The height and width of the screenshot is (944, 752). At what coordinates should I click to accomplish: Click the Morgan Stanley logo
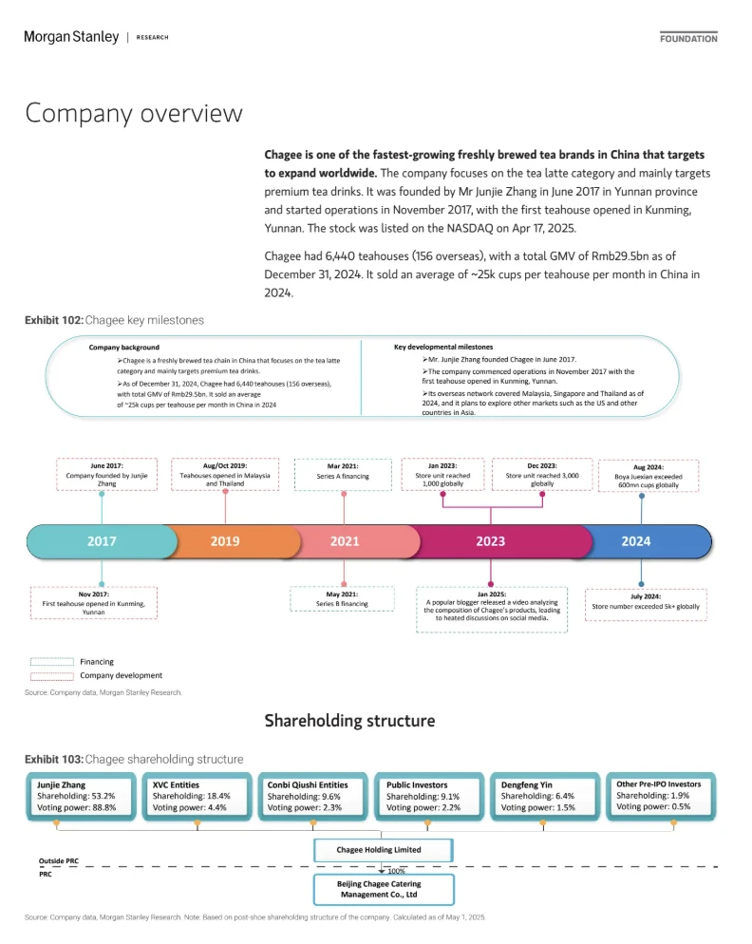coord(71,37)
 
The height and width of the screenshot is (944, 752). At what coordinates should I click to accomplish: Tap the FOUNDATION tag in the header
coord(688,38)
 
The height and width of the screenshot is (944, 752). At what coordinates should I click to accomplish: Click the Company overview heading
coord(134,113)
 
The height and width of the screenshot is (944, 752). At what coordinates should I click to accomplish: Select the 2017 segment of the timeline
coord(102,541)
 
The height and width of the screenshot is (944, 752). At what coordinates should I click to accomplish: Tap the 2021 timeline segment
coord(352,541)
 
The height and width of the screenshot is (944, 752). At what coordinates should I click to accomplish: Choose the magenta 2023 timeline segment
coord(498,541)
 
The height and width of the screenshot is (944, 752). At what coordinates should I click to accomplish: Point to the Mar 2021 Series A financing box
coord(343,475)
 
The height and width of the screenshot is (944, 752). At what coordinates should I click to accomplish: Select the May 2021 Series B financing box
coord(342,599)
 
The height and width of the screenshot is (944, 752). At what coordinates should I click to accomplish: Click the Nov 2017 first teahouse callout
coord(94,603)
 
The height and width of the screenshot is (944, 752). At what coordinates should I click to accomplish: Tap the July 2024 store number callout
coord(646,604)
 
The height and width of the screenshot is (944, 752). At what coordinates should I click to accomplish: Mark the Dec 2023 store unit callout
coord(542,474)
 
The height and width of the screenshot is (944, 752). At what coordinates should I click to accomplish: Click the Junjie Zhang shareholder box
coord(81,797)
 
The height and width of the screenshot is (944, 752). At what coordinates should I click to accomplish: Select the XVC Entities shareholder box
coord(197,797)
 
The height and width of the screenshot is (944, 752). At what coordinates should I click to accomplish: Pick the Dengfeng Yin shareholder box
coord(545,797)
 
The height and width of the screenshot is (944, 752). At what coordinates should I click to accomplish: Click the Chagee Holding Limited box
coord(383,850)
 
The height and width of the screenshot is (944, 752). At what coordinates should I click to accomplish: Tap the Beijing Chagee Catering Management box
coord(384,889)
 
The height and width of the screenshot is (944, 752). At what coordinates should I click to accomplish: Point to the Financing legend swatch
coord(52,662)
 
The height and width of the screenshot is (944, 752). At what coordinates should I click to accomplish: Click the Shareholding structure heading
coord(349,721)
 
